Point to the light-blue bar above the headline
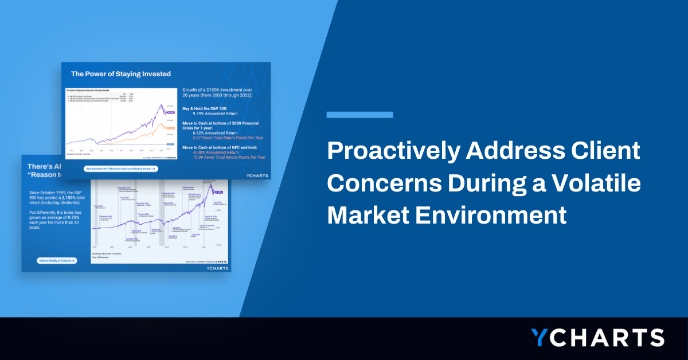pos(359,115)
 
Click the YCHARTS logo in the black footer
pos(597,338)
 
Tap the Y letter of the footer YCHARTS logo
pos(541,338)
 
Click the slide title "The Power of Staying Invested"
pos(120,74)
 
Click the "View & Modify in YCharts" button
pos(57,260)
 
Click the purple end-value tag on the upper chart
pos(170,113)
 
